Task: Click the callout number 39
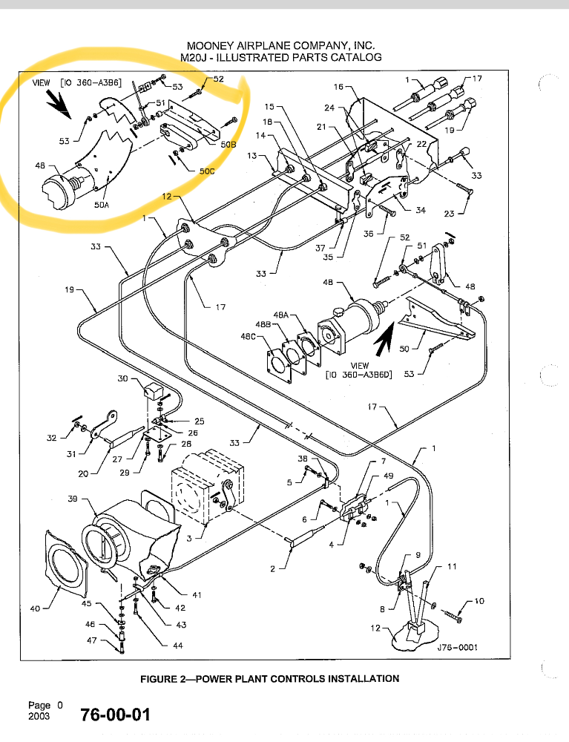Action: click(73, 499)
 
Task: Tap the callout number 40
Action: click(35, 608)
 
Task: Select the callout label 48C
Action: click(249, 336)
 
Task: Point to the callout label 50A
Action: click(101, 205)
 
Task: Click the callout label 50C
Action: click(207, 171)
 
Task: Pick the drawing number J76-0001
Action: click(458, 647)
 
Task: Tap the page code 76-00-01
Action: click(116, 715)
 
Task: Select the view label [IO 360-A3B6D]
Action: click(359, 375)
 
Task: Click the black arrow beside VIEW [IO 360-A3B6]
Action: click(59, 104)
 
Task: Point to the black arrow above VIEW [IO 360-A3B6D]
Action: click(384, 339)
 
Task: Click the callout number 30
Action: click(122, 378)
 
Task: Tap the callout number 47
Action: click(92, 640)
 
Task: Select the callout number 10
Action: click(479, 601)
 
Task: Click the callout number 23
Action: click(449, 214)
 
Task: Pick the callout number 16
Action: click(339, 87)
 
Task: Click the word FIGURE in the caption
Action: click(158, 679)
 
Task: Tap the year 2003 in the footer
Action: click(39, 717)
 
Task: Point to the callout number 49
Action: click(388, 476)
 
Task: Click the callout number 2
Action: click(272, 569)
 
